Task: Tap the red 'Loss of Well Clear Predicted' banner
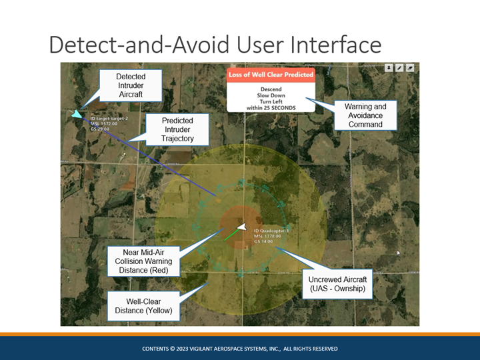point(271,74)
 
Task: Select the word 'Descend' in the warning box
point(271,89)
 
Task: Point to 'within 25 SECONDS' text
point(271,107)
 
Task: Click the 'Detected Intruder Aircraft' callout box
point(131,86)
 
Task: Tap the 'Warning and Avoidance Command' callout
point(365,115)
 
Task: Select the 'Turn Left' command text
point(271,101)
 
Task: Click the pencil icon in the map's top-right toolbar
point(400,68)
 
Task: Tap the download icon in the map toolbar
point(389,68)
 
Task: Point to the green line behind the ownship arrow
point(230,235)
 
